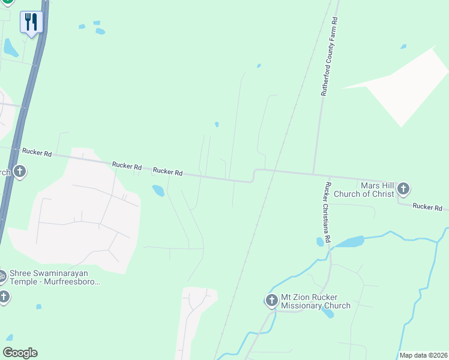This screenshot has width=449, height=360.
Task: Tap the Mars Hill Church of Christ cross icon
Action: pyautogui.click(x=403, y=190)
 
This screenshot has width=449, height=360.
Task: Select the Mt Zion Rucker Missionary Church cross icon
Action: pyautogui.click(x=271, y=300)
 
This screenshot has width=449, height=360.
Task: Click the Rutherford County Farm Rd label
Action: pyautogui.click(x=328, y=58)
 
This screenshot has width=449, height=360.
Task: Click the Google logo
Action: pyautogui.click(x=20, y=353)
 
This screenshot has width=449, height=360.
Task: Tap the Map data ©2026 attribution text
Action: pyautogui.click(x=424, y=355)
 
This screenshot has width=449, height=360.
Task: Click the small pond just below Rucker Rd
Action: pyautogui.click(x=158, y=191)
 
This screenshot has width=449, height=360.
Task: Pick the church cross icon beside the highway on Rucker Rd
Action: pyautogui.click(x=19, y=172)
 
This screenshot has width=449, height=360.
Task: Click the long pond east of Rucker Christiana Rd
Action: pyautogui.click(x=348, y=242)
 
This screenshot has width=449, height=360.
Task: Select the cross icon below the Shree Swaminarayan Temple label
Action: pyautogui.click(x=4, y=296)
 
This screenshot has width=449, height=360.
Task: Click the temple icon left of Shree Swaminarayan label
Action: pyautogui.click(x=2, y=277)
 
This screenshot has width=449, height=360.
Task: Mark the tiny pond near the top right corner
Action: pyautogui.click(x=403, y=46)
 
